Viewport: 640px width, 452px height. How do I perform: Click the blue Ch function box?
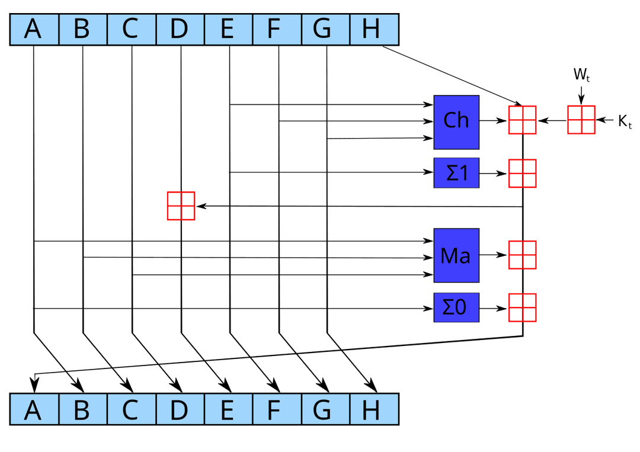click(456, 121)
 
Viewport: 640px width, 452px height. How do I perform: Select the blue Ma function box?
click(456, 255)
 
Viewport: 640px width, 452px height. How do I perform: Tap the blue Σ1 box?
click(456, 173)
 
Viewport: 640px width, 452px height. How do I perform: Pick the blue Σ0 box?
click(456, 307)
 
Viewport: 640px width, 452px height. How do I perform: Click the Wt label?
click(581, 75)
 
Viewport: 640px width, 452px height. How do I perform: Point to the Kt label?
click(624, 121)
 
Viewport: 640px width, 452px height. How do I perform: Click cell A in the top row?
click(34, 30)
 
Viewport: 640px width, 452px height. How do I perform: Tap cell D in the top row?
click(180, 30)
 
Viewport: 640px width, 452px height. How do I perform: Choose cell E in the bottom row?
click(228, 409)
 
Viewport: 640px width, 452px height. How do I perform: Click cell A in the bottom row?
click(34, 409)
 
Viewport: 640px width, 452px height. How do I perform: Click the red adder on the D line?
click(181, 206)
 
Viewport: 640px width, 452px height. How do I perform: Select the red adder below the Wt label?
click(581, 120)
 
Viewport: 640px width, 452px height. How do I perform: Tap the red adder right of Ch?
click(523, 120)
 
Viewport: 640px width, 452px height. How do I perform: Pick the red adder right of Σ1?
click(523, 173)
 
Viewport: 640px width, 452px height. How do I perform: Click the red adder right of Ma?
click(523, 255)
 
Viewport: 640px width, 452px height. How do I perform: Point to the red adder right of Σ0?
click(523, 307)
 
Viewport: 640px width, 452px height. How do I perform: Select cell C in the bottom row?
click(131, 409)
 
